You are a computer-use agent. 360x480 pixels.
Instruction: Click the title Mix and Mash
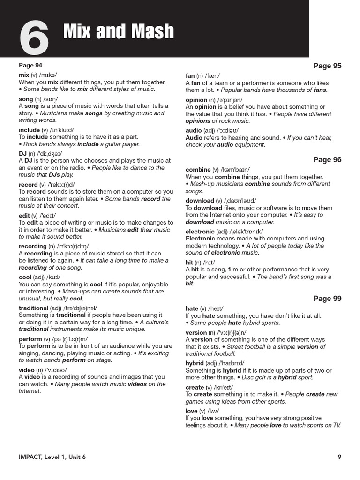118,32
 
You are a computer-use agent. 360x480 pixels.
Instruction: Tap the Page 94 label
30,66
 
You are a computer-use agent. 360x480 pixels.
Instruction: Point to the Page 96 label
327,160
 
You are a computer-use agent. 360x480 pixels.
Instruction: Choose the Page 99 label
327,299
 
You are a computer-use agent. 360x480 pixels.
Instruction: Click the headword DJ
23,153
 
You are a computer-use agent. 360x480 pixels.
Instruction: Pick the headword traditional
33,308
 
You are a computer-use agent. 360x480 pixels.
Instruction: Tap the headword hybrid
195,363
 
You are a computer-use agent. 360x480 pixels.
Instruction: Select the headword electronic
200,232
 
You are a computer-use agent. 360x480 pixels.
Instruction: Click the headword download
200,201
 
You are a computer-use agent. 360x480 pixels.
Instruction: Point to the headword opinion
196,100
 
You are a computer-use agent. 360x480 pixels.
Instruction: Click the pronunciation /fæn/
211,75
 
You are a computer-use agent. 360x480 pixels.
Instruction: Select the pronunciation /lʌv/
210,411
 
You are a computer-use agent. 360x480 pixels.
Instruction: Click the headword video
26,370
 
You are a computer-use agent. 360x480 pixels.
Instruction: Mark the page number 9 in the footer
339,457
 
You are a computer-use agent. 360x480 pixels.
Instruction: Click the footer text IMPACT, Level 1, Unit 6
52,457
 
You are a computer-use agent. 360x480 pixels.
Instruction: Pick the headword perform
30,339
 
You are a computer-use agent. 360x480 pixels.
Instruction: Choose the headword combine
198,170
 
